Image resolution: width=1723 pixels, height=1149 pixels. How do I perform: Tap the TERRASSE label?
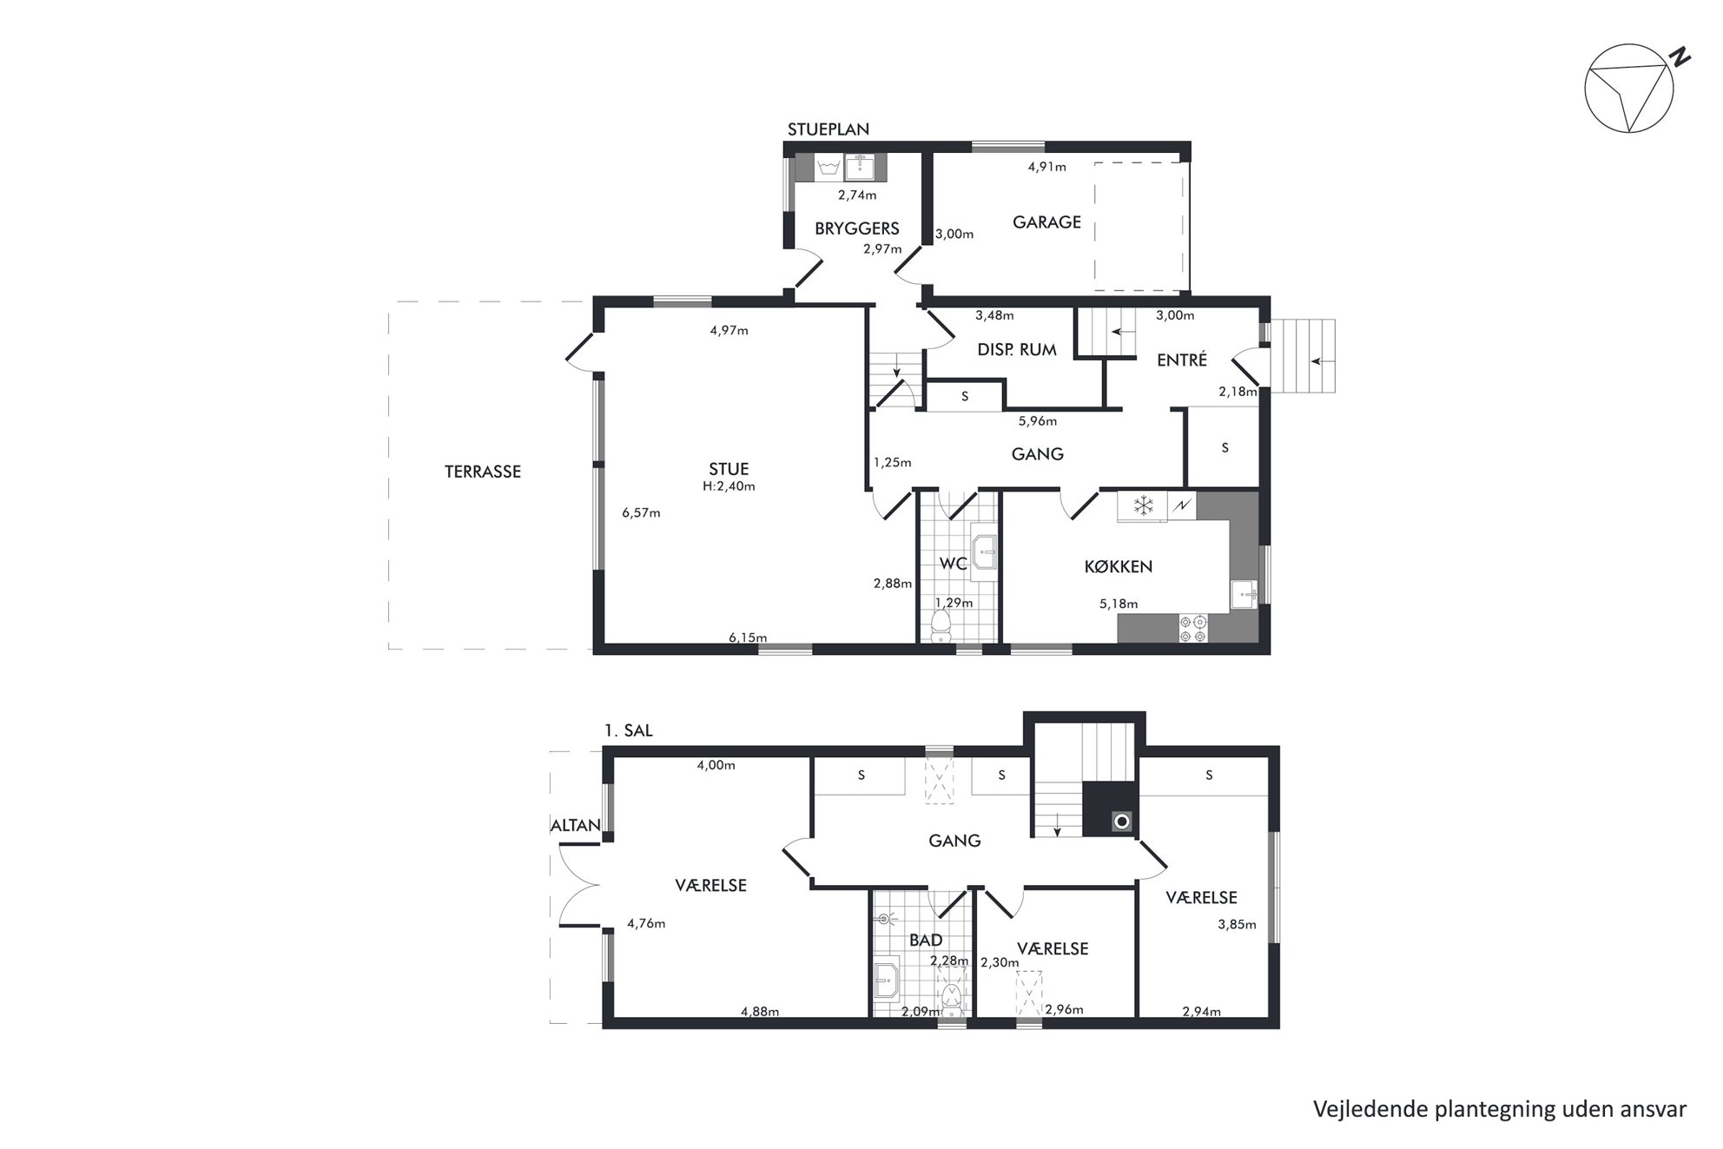(x=483, y=472)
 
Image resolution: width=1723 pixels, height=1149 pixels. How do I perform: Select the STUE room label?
(x=729, y=469)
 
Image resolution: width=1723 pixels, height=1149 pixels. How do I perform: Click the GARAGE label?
(x=1046, y=222)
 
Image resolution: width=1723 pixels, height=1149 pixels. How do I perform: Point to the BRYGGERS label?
(x=857, y=228)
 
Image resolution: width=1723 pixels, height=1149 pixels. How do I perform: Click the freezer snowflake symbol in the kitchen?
(x=1144, y=505)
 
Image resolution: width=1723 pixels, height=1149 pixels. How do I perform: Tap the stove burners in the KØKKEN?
(x=1192, y=629)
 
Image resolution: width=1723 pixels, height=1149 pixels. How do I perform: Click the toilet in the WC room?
(x=940, y=625)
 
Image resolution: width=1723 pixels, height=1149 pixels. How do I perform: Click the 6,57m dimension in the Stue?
(x=641, y=513)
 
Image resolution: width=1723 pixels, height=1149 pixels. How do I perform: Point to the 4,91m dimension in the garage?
(x=1046, y=167)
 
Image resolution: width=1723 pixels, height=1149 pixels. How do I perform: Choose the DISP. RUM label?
(x=1017, y=350)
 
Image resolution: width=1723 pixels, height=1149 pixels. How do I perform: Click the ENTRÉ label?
(x=1182, y=360)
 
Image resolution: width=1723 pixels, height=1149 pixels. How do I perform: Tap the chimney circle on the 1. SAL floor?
(x=1122, y=821)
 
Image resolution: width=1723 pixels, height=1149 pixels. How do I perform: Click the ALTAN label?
(x=576, y=825)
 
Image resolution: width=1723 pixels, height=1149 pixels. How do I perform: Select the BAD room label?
(x=926, y=940)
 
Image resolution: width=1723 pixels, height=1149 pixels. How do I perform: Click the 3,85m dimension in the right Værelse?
(x=1237, y=925)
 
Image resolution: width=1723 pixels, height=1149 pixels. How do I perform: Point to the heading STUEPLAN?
(x=828, y=129)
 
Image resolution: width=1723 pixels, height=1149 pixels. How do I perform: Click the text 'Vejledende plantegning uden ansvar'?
(x=1500, y=1109)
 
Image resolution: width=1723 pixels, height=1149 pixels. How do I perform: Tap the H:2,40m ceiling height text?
(x=729, y=486)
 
